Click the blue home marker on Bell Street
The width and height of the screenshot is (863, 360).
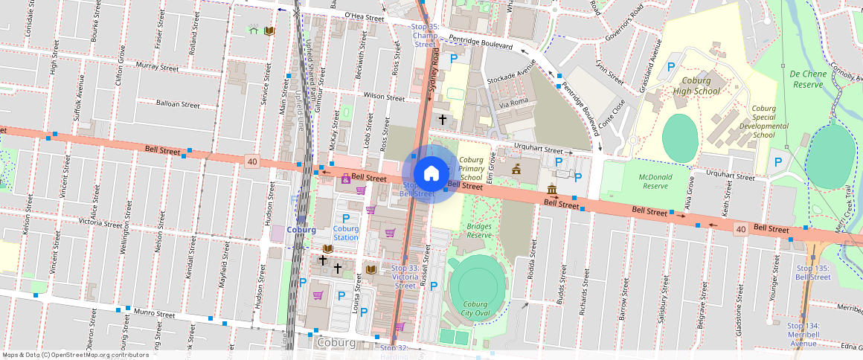tap(431, 173)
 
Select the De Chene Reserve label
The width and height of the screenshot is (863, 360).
tap(806, 80)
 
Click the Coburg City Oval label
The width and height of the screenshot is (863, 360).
tap(475, 309)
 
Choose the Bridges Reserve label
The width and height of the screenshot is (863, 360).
tap(478, 230)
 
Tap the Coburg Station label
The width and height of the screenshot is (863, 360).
tap(345, 234)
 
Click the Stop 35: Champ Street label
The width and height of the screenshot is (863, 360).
tap(425, 35)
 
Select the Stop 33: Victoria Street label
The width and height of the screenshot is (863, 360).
tap(405, 277)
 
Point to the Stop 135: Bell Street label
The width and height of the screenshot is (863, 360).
tap(812, 272)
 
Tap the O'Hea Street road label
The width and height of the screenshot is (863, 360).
tap(364, 16)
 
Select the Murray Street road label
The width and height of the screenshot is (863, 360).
tap(157, 66)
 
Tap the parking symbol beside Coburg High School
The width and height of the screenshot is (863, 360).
tap(670, 67)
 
